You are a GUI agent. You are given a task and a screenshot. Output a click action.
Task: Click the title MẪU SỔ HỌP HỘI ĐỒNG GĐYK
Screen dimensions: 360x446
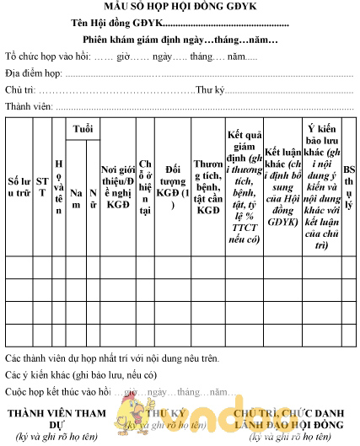tap(180, 9)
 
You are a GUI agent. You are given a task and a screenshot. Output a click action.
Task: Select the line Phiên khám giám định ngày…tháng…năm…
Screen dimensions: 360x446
tap(180, 40)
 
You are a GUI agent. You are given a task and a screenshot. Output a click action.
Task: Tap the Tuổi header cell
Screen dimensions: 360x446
tap(83, 129)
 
